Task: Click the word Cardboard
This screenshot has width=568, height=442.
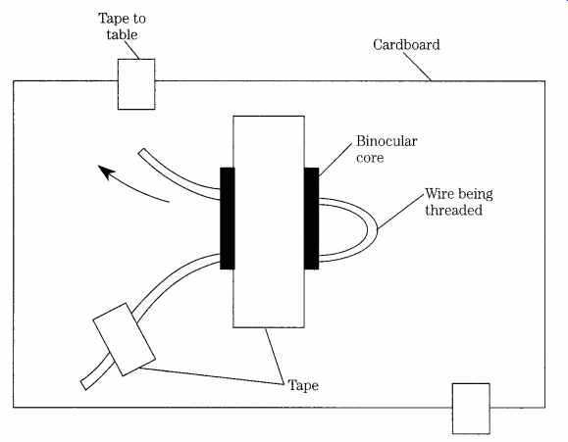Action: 406,45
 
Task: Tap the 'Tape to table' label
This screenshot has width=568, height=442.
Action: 122,26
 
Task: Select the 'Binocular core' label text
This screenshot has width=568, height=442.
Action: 387,149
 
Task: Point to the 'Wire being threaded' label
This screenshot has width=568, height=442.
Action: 458,202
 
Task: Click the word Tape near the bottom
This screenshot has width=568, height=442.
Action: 303,385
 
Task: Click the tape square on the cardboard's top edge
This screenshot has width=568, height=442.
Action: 136,84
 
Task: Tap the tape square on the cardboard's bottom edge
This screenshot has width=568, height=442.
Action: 471,409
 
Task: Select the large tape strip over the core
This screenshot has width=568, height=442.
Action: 269,221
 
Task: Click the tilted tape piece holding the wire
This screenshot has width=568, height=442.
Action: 125,339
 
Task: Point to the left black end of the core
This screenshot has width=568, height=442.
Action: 228,219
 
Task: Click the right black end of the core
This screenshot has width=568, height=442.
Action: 312,219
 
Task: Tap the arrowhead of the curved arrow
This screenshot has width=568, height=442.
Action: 106,172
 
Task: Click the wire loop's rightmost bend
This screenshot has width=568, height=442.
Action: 373,230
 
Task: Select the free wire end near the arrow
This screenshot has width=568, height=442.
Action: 141,153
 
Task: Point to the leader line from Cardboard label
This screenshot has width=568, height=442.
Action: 418,67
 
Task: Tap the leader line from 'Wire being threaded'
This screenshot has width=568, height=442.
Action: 400,212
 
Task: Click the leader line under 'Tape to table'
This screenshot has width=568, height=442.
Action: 132,50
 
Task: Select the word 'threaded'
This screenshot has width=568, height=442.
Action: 453,211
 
